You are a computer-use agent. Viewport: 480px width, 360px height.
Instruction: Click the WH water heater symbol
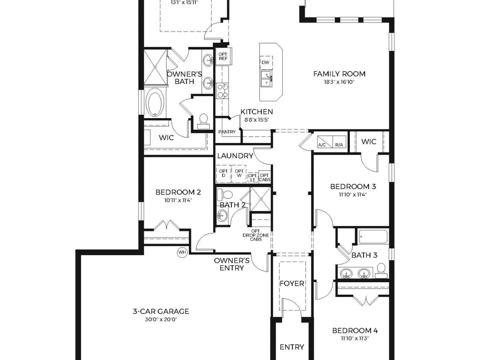[x=182, y=252]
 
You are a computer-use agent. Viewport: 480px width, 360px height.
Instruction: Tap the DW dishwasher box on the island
[x=266, y=62]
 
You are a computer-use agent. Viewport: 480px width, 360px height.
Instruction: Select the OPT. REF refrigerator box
[x=223, y=56]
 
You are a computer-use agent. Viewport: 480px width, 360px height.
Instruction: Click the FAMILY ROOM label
[x=339, y=74]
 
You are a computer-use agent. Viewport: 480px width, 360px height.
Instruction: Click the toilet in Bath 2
[x=225, y=194]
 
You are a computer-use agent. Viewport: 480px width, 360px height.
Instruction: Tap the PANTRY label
[x=227, y=132]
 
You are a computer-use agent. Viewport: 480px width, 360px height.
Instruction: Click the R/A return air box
[x=339, y=142]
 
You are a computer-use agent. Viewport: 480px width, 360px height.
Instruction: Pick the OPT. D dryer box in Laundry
[x=224, y=174]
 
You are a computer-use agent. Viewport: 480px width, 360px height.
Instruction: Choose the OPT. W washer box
[x=239, y=174]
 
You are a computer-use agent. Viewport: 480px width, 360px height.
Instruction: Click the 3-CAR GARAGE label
[x=161, y=312]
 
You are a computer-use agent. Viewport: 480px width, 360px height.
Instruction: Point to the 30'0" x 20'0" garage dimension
[x=161, y=320]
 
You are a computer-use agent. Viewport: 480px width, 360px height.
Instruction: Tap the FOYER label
[x=292, y=284]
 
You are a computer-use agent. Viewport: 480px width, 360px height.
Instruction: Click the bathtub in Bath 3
[x=373, y=236]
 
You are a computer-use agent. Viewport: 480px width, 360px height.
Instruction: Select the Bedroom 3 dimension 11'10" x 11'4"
[x=353, y=194]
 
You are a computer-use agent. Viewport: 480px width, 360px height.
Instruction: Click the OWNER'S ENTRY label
[x=232, y=264]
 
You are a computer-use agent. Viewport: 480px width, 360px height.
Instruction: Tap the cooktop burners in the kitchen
[x=222, y=91]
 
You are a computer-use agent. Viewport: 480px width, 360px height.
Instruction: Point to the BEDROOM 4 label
[x=355, y=331]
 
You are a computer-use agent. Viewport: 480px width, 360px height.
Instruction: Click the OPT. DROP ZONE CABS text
[x=256, y=235]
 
